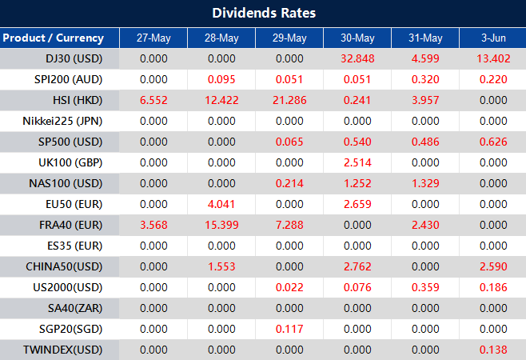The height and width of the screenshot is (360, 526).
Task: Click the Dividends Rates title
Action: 263,13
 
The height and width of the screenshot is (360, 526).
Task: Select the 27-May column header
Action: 153,38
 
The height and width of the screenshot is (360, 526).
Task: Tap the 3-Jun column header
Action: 492,38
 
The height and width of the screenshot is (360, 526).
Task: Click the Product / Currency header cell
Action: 53,38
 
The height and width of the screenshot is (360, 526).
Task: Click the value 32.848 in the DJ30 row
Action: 357,58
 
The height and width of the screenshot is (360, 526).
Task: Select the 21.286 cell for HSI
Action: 289,100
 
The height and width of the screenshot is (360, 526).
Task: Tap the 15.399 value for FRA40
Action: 221,225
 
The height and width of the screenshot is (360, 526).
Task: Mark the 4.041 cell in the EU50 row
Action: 221,204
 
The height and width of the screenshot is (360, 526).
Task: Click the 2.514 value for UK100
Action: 357,162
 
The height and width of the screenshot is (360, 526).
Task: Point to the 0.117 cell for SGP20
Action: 289,329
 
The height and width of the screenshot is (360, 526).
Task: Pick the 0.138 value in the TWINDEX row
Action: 492,350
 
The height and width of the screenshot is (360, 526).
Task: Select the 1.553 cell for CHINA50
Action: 221,266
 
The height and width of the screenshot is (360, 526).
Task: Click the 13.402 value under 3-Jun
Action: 492,58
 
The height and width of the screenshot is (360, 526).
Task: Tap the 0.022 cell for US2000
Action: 289,287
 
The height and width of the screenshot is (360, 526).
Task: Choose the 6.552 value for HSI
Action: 153,100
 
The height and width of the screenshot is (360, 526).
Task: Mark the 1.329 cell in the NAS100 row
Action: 425,183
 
